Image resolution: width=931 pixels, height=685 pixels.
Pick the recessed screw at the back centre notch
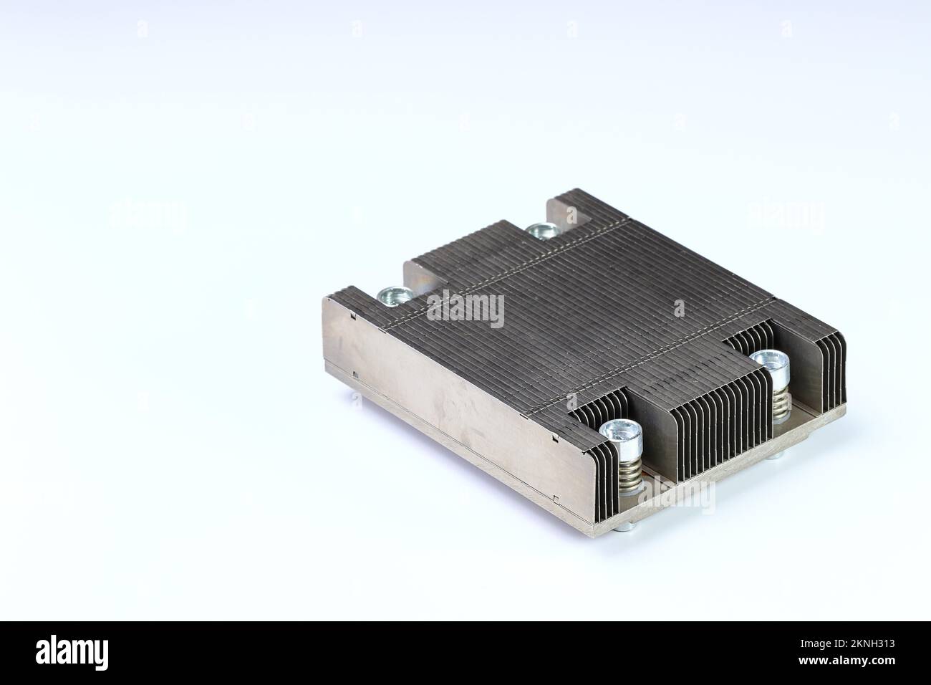point(541,231)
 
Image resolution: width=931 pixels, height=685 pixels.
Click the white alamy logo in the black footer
point(72,653)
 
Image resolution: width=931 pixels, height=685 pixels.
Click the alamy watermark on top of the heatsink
point(465,310)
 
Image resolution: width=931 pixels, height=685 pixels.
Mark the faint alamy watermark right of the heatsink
point(786,216)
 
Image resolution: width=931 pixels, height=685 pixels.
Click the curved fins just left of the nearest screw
point(587,444)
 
